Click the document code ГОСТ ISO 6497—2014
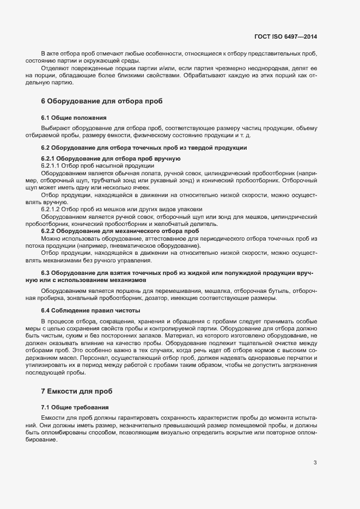pyautogui.click(x=286, y=36)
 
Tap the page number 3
pyautogui.click(x=315, y=463)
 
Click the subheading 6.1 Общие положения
pyautogui.click(x=74, y=118)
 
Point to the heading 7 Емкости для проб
pyautogui.click(x=77, y=391)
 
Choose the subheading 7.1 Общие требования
pyautogui.click(x=75, y=407)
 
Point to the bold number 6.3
pyautogui.click(x=46, y=272)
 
